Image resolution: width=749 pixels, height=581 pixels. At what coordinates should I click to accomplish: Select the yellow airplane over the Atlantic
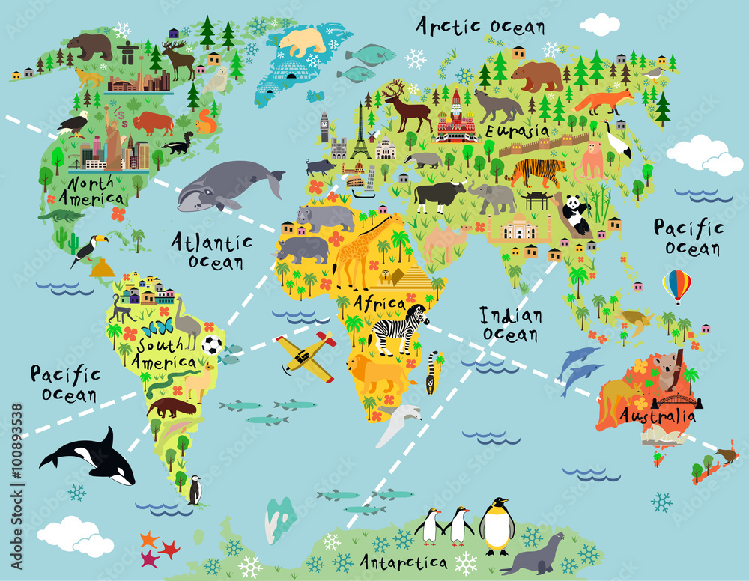(x=306, y=355)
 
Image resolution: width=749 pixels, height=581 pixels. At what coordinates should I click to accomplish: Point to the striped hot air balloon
(x=676, y=285)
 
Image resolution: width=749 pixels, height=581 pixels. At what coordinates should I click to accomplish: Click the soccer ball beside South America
(x=212, y=345)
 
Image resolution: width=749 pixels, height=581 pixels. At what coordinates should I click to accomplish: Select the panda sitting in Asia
(x=575, y=213)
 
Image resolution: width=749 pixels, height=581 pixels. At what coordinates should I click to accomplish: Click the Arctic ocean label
(x=480, y=26)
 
